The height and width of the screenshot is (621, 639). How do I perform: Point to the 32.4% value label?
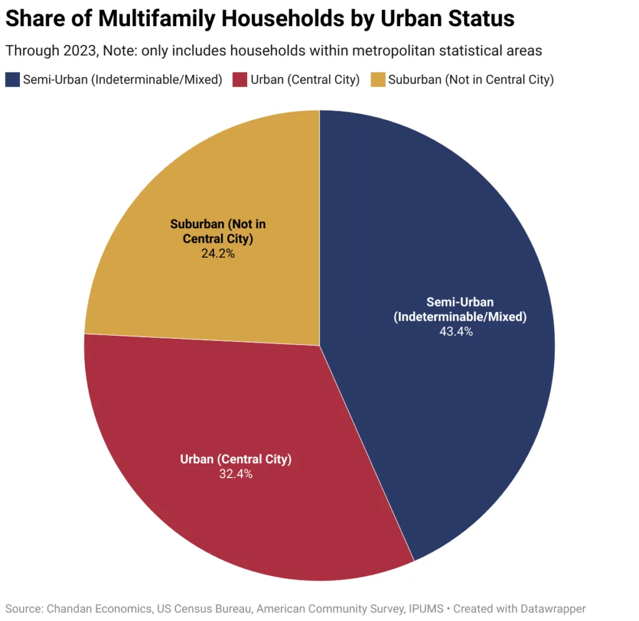pyautogui.click(x=236, y=474)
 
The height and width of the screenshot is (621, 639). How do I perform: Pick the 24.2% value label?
pyautogui.click(x=218, y=253)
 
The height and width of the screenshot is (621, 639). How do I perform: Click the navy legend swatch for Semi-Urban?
pyautogui.click(x=12, y=79)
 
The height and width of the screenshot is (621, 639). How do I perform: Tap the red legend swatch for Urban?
pyautogui.click(x=240, y=79)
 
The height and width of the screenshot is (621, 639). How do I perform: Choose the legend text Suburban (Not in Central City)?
pyautogui.click(x=471, y=79)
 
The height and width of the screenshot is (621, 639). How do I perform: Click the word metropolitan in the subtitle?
pyautogui.click(x=366, y=51)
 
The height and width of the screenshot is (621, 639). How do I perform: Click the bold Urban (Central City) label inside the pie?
pyautogui.click(x=236, y=460)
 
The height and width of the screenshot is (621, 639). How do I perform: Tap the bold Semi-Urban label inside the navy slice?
pyautogui.click(x=460, y=302)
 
